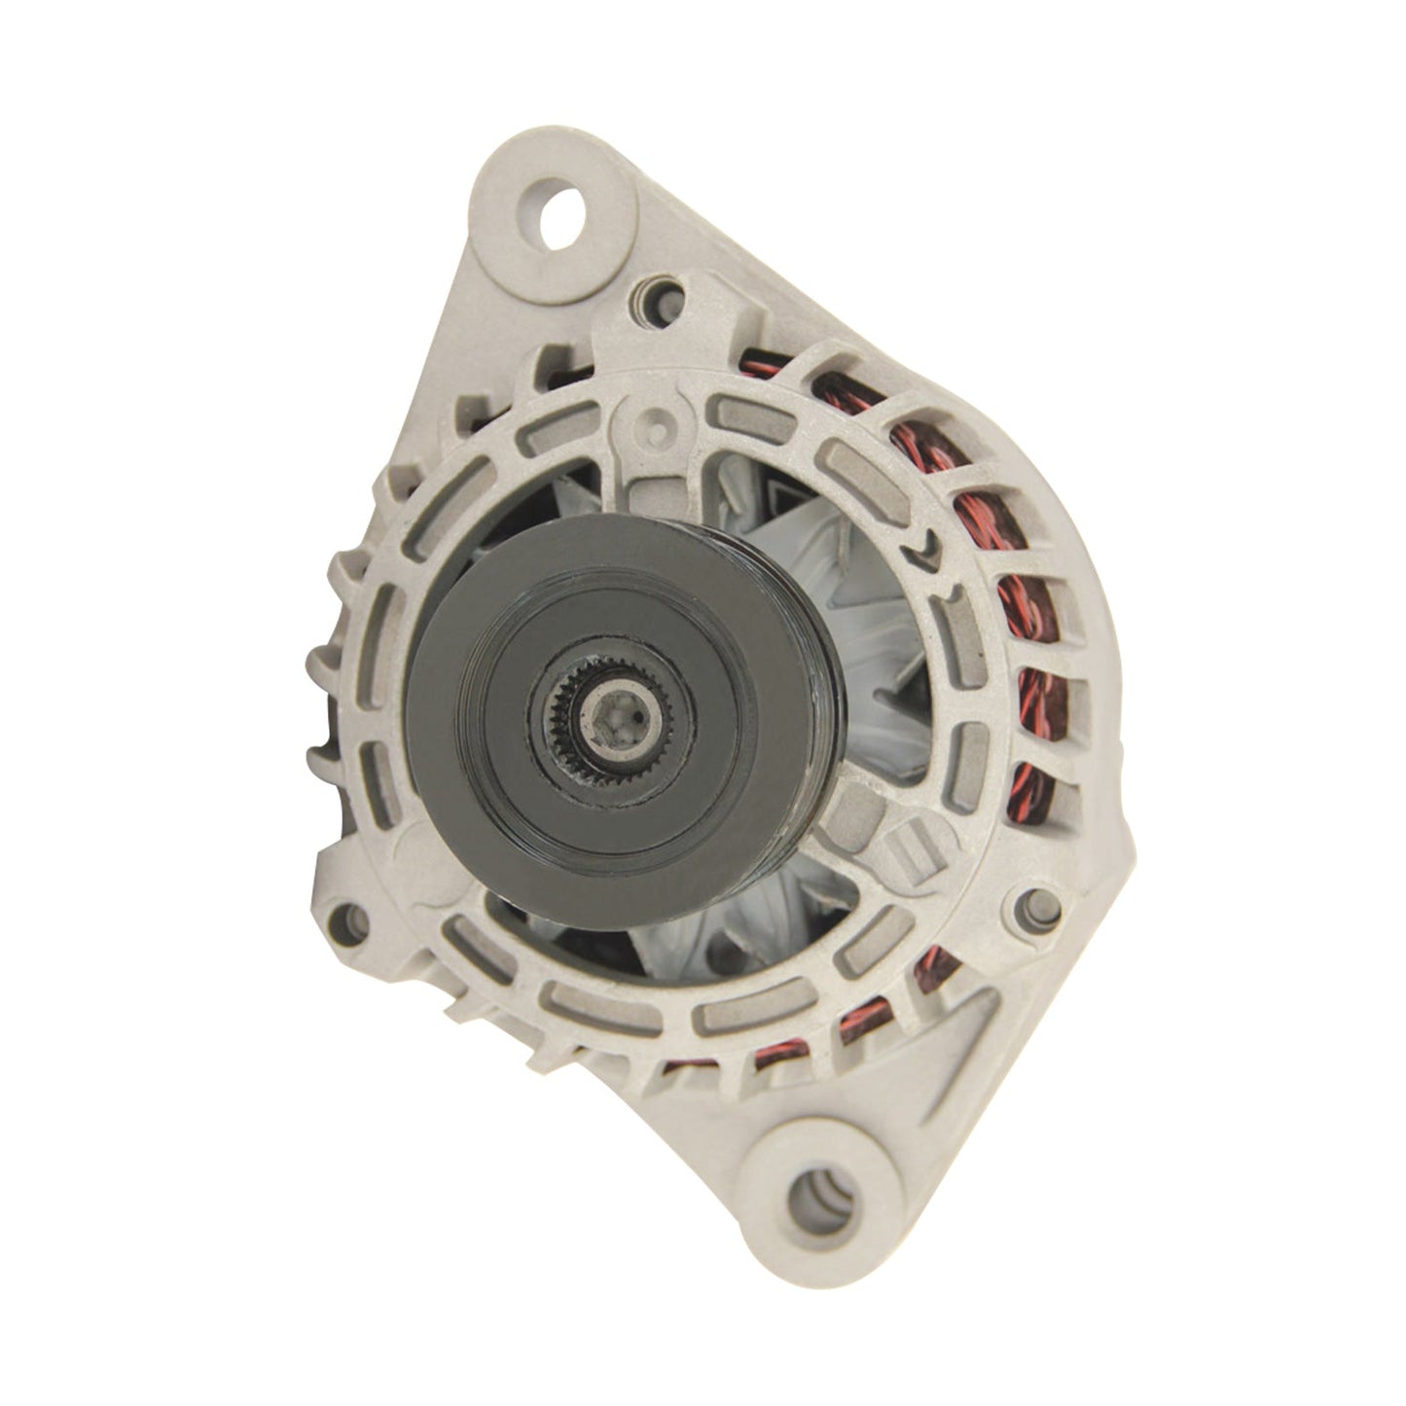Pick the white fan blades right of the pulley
coord(876,632)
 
